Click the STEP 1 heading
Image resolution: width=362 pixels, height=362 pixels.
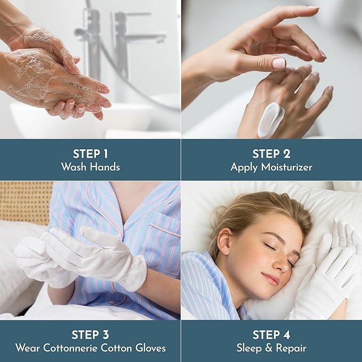point(90,154)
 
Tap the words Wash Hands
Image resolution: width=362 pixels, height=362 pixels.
point(90,167)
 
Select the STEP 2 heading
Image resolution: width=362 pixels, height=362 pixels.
point(271,154)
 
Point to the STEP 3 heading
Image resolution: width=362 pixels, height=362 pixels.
point(90,335)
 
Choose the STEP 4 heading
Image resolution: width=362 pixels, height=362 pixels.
point(271,335)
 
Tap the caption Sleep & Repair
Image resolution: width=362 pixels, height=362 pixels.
point(271,348)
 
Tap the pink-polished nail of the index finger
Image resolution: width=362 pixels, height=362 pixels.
point(279,63)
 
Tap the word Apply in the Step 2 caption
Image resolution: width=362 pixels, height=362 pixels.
point(243,167)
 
